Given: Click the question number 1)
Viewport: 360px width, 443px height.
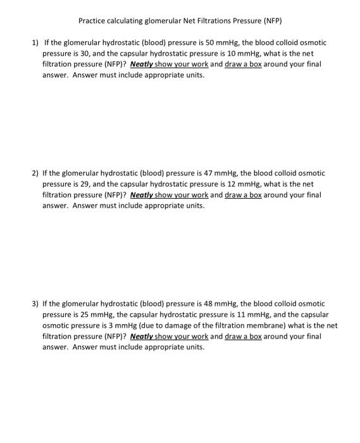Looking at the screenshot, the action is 36,42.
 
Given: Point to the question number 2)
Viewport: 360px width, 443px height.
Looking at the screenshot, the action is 36,173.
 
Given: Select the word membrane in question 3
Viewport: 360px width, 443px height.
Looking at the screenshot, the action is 264,326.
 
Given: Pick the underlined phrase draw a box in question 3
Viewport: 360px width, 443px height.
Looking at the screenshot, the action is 244,337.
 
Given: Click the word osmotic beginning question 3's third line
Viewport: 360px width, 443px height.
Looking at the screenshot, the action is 56,326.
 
